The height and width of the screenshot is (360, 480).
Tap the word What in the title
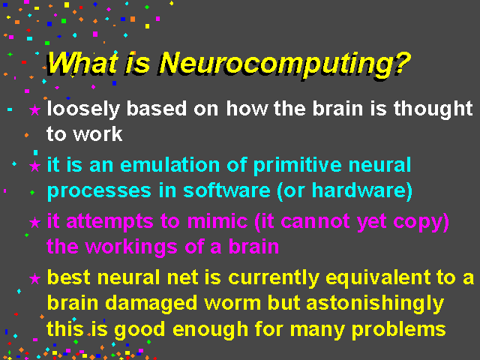tap(82, 63)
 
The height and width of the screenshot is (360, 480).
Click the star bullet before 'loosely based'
tap(35, 110)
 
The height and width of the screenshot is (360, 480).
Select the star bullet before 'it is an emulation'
tap(35, 166)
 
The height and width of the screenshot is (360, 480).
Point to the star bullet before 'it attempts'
tap(35, 223)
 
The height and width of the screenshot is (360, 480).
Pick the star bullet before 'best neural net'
tap(35, 278)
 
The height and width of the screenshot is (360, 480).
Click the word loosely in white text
tap(83, 110)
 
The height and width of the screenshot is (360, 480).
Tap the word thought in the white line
tap(433, 110)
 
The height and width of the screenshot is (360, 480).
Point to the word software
tap(226, 190)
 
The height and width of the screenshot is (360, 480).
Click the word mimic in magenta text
tap(217, 221)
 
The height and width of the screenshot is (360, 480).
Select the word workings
tap(131, 247)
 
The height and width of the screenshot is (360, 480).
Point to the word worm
tap(232, 304)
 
